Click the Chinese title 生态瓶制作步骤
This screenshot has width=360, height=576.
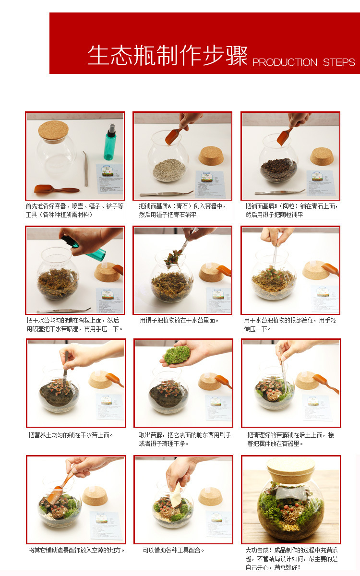[168, 55]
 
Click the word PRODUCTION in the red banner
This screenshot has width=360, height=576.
[285, 62]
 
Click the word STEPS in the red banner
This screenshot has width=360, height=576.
[339, 62]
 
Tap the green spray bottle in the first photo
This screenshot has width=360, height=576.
[110, 143]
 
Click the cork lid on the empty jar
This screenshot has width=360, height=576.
[53, 132]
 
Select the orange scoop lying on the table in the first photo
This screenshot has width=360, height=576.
[57, 190]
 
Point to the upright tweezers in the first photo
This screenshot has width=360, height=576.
[85, 168]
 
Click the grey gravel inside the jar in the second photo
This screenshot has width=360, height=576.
[169, 170]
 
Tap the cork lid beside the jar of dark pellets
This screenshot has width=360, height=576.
[322, 156]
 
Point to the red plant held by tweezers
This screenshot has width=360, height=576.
[173, 258]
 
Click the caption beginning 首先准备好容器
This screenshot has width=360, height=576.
[74, 210]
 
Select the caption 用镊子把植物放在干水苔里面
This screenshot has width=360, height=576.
[179, 321]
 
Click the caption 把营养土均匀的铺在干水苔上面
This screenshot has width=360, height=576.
[71, 435]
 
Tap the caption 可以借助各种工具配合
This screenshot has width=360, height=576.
[173, 550]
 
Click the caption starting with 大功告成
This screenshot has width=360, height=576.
[291, 559]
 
